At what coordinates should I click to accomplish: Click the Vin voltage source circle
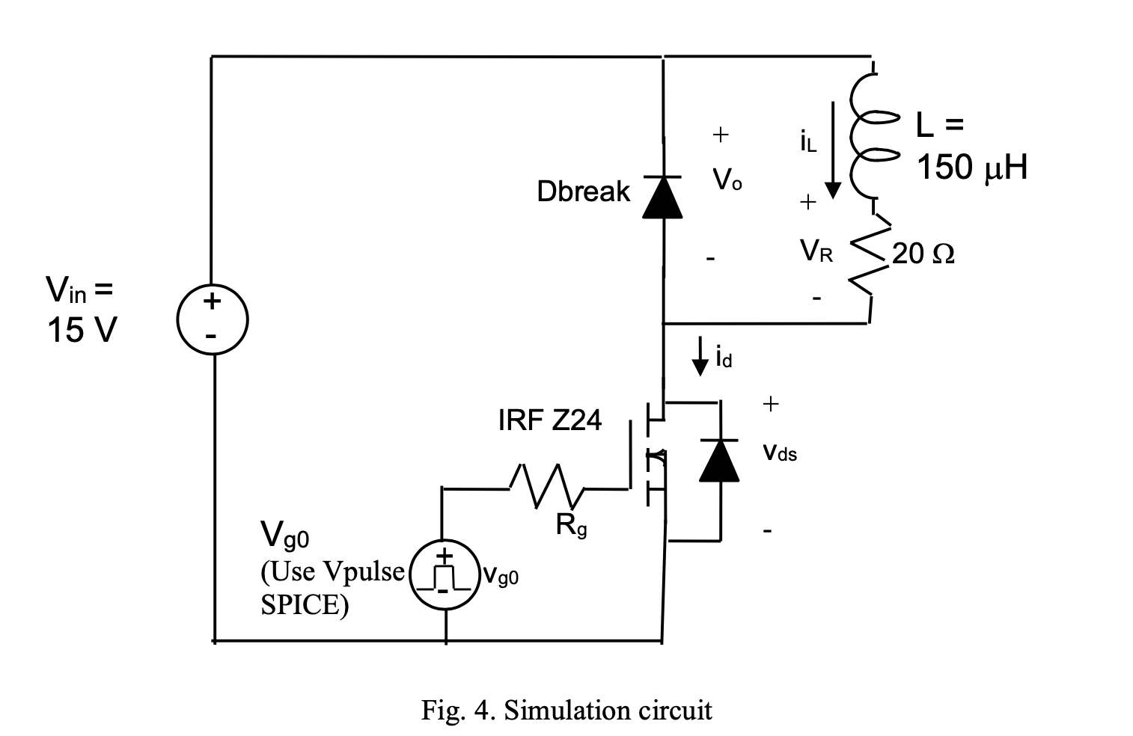(x=213, y=320)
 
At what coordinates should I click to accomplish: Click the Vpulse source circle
(x=445, y=576)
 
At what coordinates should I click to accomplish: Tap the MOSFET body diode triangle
(x=719, y=460)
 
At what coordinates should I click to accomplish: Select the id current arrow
(x=700, y=356)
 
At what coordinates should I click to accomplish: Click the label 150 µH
(x=971, y=168)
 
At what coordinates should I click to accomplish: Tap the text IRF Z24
(x=549, y=420)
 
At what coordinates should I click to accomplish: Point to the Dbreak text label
(x=583, y=191)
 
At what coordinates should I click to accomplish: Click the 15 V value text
(x=82, y=329)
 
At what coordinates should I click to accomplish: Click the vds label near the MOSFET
(x=780, y=453)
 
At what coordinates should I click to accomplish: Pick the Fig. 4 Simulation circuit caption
(x=566, y=708)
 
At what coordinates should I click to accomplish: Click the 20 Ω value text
(x=923, y=254)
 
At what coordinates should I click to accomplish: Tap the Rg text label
(x=571, y=527)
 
